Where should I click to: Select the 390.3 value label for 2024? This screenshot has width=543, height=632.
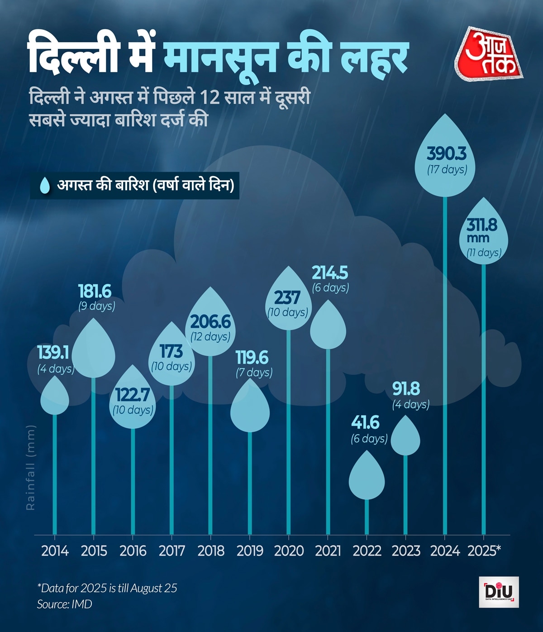point(447,154)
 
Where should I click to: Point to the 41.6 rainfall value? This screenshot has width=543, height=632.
point(366,423)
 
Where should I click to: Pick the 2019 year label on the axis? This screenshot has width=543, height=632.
point(250,551)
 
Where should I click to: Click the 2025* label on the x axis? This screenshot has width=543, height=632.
point(484,551)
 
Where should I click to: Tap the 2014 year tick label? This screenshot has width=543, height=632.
point(55,551)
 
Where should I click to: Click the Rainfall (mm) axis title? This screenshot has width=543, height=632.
point(31,467)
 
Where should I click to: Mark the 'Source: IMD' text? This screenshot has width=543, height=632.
point(64,604)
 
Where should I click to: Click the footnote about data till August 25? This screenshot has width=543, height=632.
point(107,588)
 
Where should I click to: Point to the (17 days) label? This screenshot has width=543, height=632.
point(447,170)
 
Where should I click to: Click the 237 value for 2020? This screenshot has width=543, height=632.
point(287,297)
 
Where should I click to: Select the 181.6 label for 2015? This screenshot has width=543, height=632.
point(95,291)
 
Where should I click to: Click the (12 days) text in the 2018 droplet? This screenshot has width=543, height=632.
point(210,336)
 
